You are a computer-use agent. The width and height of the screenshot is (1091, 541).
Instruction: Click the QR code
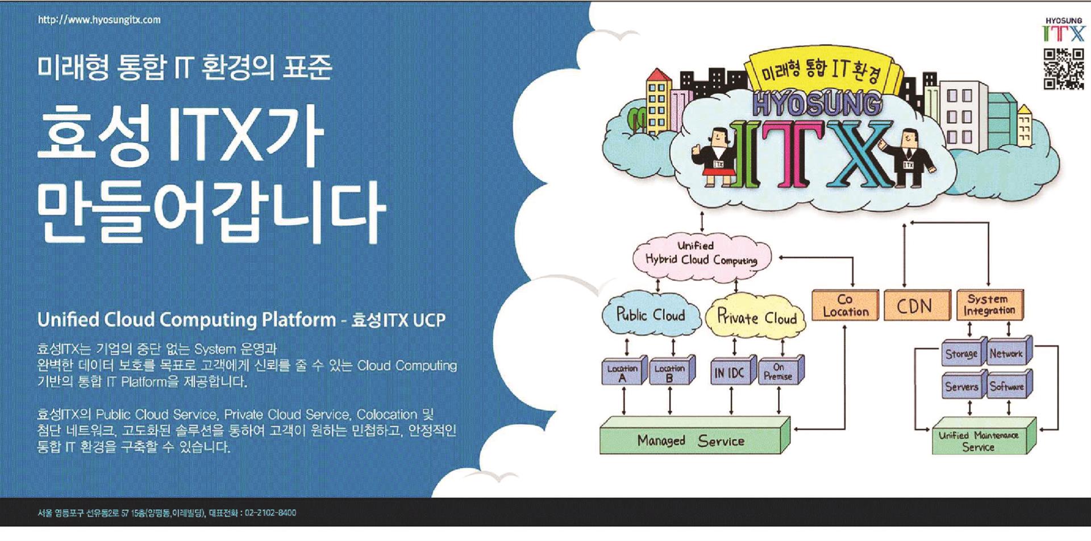[x=1064, y=69]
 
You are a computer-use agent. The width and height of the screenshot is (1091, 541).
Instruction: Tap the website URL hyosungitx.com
[x=99, y=20]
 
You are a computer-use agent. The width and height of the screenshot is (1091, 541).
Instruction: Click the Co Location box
[x=845, y=305]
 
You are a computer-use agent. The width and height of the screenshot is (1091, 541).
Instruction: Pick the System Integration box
[x=989, y=305]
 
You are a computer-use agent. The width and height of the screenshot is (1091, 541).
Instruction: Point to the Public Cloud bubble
[x=651, y=316]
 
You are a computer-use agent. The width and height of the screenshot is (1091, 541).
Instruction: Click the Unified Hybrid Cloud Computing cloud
[x=702, y=254]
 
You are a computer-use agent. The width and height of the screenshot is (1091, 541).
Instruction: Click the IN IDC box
[x=732, y=372]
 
